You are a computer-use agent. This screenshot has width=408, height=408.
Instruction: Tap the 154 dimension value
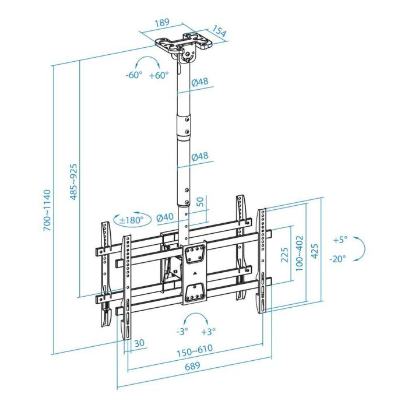pyautogui.click(x=219, y=31)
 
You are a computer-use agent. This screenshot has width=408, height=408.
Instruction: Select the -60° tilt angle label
pyautogui.click(x=133, y=75)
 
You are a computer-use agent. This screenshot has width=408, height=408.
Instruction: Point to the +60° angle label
pyautogui.click(x=158, y=75)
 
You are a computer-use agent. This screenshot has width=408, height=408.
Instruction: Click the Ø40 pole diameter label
pyautogui.click(x=165, y=217)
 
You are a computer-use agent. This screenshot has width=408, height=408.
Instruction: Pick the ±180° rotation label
pyautogui.click(x=131, y=220)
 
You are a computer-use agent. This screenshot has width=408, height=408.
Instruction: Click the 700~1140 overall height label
pyautogui.click(x=47, y=210)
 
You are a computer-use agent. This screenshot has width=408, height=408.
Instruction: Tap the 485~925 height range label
pyautogui.click(x=74, y=181)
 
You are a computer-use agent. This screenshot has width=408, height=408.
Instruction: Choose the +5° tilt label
pyautogui.click(x=340, y=240)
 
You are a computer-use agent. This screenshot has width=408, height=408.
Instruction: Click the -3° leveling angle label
pyautogui.click(x=183, y=331)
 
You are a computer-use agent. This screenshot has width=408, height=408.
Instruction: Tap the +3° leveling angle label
pyautogui.click(x=208, y=331)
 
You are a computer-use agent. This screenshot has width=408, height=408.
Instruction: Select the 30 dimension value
pyautogui.click(x=139, y=343)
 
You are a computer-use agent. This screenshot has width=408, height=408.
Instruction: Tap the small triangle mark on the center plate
pyautogui.click(x=194, y=270)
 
